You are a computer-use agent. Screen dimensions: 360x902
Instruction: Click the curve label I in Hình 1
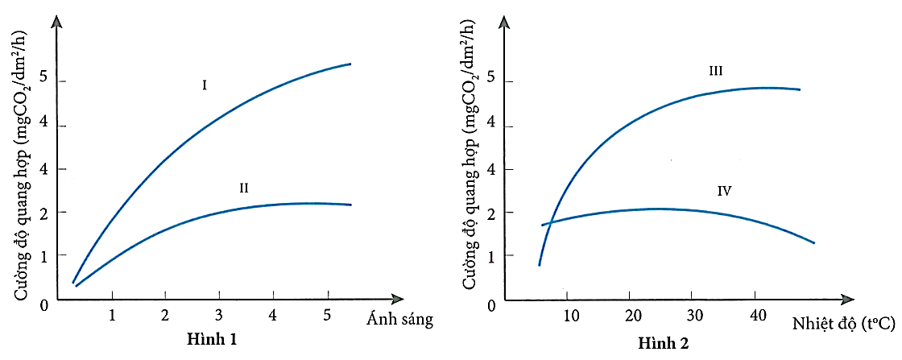pos(205,84)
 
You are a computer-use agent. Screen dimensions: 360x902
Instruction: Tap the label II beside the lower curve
pos(243,188)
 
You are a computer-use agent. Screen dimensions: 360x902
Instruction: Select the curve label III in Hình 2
pos(715,71)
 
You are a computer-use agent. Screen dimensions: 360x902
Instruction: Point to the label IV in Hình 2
pos(723,191)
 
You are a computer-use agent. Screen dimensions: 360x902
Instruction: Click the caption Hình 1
pos(213,338)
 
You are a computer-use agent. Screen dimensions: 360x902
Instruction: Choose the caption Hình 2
pos(664,343)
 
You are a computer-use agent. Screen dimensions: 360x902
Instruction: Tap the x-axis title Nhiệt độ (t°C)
pos(841,324)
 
